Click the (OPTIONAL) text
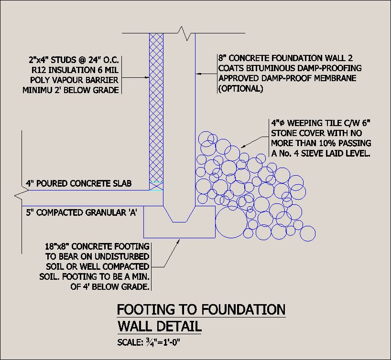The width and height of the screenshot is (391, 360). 240,88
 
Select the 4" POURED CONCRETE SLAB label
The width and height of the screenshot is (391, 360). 78,184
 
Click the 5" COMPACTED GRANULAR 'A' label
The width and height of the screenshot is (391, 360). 82,212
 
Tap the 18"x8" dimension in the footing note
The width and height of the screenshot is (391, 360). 60,247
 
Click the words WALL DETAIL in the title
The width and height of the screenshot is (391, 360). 159,328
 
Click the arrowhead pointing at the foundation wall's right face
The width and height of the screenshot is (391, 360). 199,74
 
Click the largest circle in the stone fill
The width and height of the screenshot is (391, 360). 233,222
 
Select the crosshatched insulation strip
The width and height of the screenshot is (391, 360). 156,110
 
